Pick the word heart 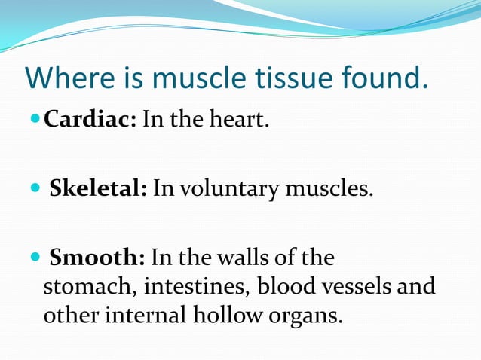click(240, 121)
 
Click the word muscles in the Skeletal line click(329, 188)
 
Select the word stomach click(80, 287)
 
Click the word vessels click(354, 287)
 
